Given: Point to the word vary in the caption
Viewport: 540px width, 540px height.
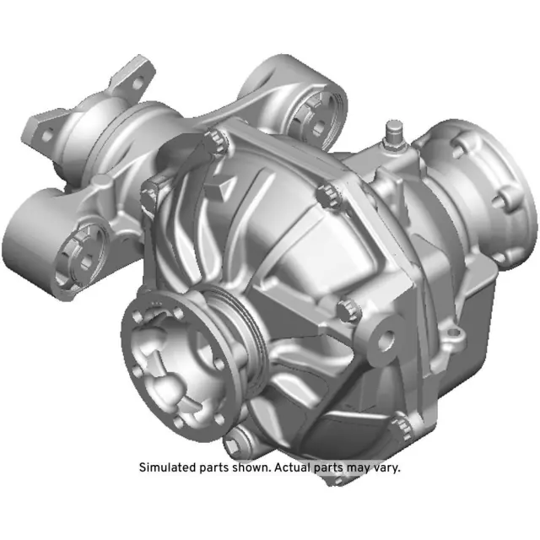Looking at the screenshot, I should pyautogui.click(x=385, y=467).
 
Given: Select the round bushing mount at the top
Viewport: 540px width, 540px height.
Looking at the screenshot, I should pyautogui.click(x=316, y=118).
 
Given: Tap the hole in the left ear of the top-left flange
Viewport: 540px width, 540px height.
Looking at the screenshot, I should pyautogui.click(x=48, y=133).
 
